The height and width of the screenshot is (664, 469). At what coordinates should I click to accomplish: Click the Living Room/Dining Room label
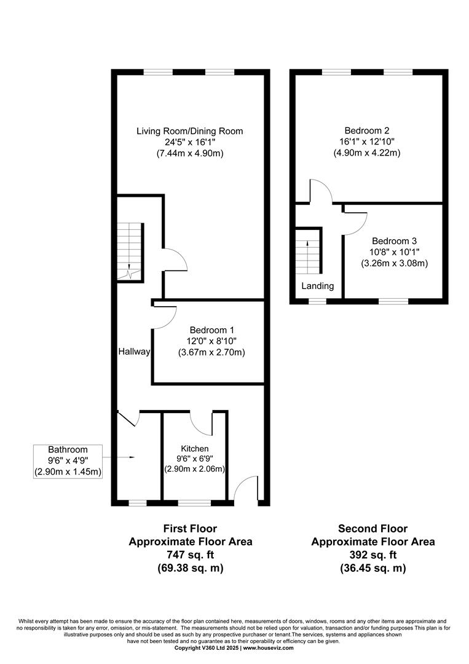[190, 132]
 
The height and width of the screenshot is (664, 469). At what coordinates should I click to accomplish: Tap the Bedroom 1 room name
[211, 330]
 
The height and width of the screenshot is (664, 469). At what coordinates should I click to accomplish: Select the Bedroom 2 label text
[366, 130]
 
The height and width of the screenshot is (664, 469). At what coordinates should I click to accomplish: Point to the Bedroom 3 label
[395, 241]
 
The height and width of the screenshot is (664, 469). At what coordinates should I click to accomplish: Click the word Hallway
[134, 352]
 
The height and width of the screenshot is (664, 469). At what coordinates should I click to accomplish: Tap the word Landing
[317, 286]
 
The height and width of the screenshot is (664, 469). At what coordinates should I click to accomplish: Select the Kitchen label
[195, 448]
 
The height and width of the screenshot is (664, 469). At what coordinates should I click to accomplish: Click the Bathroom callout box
[68, 462]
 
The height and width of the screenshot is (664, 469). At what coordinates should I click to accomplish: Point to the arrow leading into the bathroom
[119, 457]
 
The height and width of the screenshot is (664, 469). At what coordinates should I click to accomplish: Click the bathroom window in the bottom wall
[138, 503]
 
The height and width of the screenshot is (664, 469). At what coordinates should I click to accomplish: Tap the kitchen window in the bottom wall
[194, 503]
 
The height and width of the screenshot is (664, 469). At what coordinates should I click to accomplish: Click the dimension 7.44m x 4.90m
[190, 153]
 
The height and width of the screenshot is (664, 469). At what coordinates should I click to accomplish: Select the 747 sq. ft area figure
[190, 555]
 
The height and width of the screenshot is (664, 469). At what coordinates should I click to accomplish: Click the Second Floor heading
[373, 529]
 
